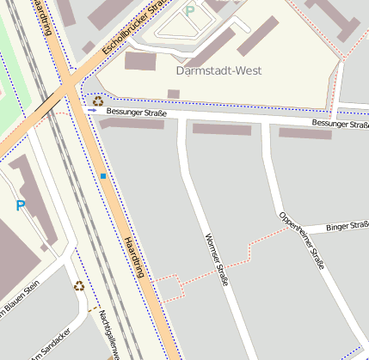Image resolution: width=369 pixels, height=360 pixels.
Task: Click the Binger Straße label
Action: click(347, 228)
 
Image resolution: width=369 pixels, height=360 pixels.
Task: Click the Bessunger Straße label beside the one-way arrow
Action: click(135, 113)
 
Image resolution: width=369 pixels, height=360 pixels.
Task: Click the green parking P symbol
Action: click(190, 12)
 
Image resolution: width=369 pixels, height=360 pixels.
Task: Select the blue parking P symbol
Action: click(21, 206)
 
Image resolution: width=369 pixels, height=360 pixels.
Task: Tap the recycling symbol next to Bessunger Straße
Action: click(98, 100)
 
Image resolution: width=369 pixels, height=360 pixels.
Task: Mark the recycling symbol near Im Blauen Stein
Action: click(79, 286)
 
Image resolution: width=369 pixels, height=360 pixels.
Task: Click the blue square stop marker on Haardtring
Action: click(103, 176)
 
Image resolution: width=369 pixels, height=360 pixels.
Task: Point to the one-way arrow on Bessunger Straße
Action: click(92, 110)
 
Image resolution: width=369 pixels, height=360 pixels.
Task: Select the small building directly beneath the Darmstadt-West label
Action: click(173, 94)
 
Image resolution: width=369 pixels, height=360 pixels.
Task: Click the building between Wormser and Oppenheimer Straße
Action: click(221, 129)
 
